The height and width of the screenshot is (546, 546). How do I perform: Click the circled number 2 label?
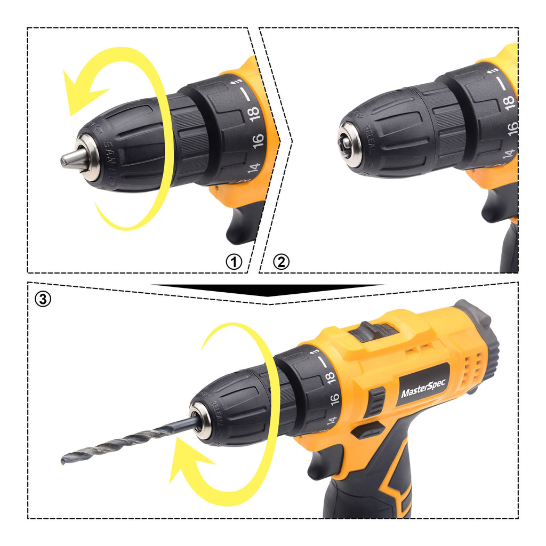(x=282, y=262)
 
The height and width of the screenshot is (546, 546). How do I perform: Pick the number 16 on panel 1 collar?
(x=257, y=140)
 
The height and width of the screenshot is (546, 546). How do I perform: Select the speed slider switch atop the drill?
(x=373, y=331)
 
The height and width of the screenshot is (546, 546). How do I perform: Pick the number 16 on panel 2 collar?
(x=512, y=127)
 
